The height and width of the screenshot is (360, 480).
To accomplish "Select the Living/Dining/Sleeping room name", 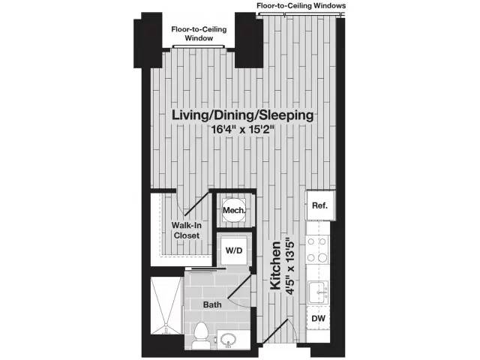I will pos(241,115).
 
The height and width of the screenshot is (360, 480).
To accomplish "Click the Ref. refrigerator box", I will pos(319,204).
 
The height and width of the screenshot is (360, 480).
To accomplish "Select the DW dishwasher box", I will pos(319,319).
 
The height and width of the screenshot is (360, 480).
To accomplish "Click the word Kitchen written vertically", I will pos(275,267).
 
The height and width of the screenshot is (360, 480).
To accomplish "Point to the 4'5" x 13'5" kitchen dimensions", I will pos(292,267).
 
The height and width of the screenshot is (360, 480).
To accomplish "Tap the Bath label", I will pos(212,304).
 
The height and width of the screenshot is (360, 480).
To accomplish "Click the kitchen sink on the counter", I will pos(318,289).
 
